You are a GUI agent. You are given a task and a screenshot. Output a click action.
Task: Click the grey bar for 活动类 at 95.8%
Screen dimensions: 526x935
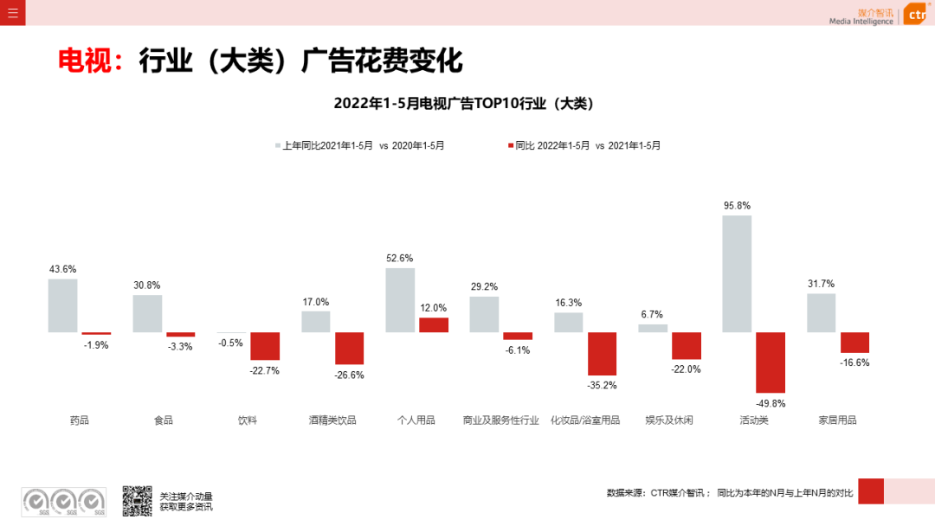point(737,273)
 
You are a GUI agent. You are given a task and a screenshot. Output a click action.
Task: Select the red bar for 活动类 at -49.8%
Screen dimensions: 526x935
point(771,362)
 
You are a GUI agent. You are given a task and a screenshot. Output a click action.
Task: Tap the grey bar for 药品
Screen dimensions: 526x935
point(62,305)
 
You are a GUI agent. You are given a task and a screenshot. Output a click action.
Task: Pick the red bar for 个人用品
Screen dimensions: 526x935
point(434,324)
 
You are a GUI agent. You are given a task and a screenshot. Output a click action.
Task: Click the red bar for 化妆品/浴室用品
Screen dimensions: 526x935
point(602,354)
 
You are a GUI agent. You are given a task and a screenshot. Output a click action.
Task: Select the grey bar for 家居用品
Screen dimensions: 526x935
point(821,312)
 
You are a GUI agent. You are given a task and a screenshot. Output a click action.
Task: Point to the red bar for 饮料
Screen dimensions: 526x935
point(265,346)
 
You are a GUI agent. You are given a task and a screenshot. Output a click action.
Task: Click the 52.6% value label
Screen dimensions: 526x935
point(399,258)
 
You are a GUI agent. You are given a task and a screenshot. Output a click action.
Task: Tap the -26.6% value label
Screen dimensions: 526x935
point(350,375)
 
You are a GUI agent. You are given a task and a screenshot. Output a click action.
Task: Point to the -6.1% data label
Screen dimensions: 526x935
point(518,350)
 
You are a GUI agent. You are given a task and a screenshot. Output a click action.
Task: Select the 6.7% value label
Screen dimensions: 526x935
point(652,314)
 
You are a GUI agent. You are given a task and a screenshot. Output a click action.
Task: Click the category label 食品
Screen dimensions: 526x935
point(164,420)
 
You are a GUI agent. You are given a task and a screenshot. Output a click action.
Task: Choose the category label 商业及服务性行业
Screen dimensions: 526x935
point(500,420)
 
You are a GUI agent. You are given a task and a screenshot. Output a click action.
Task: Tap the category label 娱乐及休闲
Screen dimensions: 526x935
point(668,420)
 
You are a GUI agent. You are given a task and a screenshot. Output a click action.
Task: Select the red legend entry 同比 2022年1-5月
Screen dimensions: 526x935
point(585,145)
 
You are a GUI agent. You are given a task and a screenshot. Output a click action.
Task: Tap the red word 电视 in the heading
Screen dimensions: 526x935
point(86,61)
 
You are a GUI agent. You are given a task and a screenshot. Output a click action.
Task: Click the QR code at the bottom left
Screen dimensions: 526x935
point(137,501)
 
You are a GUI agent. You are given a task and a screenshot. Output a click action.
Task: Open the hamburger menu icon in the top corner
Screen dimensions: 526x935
point(12,12)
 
